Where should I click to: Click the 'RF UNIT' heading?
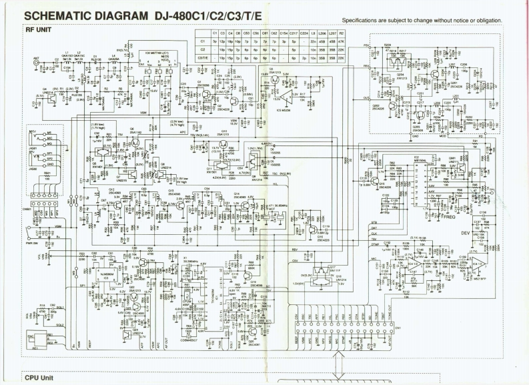39,30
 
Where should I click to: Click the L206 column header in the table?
324,33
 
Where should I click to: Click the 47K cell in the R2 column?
342,41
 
